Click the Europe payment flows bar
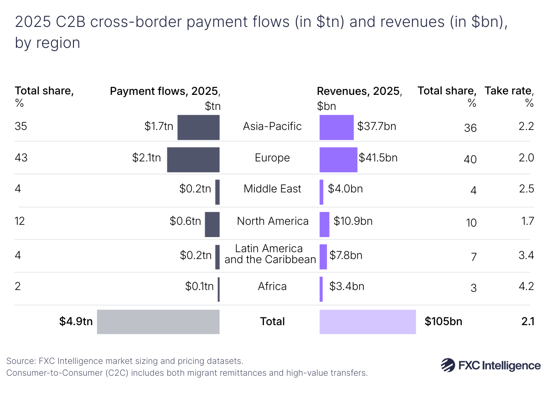coord(193,160)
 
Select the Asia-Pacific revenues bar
coord(336,127)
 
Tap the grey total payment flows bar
coord(158,321)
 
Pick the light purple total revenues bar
coord(367,321)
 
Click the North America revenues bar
coord(324,224)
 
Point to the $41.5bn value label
coord(378,158)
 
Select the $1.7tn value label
coord(159,126)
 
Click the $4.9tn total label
coord(76,321)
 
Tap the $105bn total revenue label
coord(443,321)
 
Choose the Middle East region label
coord(272,189)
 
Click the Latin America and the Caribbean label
coord(270,254)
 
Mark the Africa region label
coord(272,286)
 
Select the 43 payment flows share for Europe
coord(21,158)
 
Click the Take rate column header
coord(509,91)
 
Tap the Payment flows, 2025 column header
coord(165,91)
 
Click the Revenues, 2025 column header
coord(359,91)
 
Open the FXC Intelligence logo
coord(490,365)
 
